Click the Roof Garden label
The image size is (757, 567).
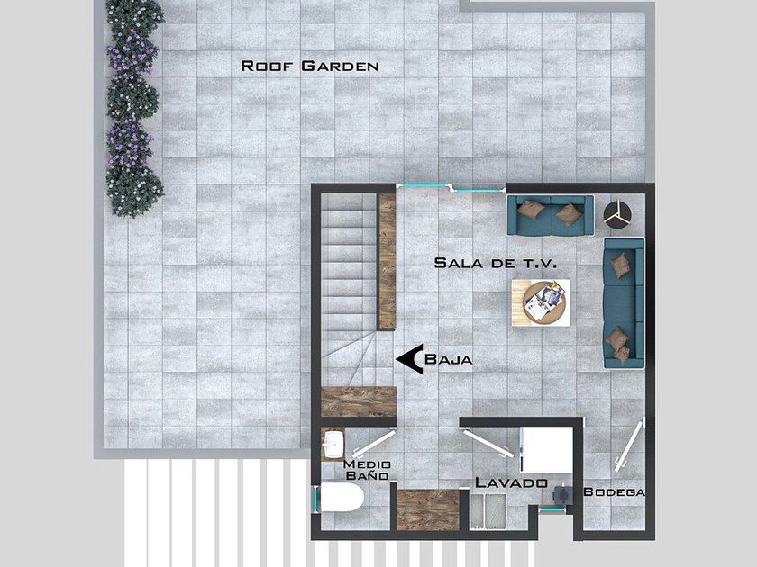coord(309,66)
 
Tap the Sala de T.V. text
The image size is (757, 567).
coord(496,263)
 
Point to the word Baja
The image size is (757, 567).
coord(448,359)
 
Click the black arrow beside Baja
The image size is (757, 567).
coord(410,359)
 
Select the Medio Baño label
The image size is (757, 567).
coord(367,470)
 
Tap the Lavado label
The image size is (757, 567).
coord(511,482)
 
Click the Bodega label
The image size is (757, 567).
coord(614,491)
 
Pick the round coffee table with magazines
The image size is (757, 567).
coord(544,302)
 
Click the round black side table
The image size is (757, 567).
coord(617,214)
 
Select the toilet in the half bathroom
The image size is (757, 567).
coord(341,498)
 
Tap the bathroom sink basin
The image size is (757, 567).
coord(333,444)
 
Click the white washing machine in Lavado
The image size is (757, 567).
coord(546,450)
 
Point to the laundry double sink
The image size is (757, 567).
coord(488,512)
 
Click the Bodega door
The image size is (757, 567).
coord(629,445)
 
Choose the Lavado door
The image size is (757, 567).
coord(488,444)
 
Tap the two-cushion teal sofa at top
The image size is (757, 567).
coord(550,215)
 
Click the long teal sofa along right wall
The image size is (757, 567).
coord(625,303)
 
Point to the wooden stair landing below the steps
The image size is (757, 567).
coord(359,401)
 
